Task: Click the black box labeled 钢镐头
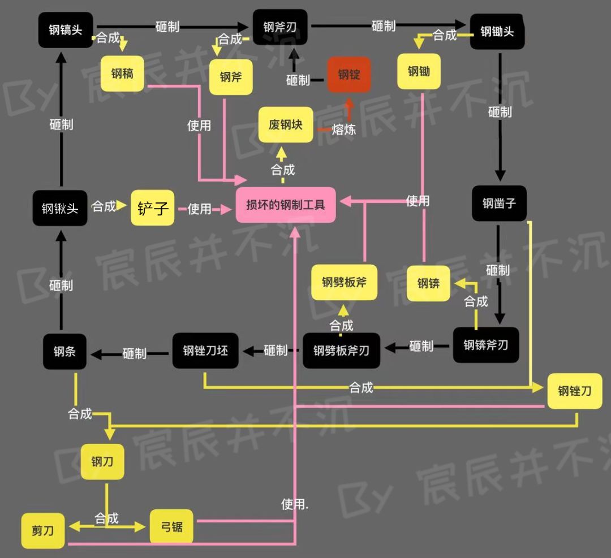[x=65, y=30]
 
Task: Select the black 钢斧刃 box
[x=280, y=27]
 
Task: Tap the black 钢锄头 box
[x=497, y=32]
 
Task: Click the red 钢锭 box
[x=349, y=74]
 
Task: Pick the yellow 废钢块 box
[x=286, y=124]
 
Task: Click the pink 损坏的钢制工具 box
[x=286, y=204]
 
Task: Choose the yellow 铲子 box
[x=153, y=208]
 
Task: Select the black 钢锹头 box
[x=60, y=209]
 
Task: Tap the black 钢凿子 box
[x=499, y=203]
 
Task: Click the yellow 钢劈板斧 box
[x=344, y=282]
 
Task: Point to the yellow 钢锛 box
[x=428, y=283]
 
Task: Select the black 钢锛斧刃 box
[x=485, y=345]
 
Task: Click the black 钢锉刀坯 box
[x=205, y=351]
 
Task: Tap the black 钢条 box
[x=64, y=352]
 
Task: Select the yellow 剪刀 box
[x=43, y=531]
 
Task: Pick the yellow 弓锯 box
[x=171, y=526]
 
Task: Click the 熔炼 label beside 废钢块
[x=344, y=129]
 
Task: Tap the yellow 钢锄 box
[x=419, y=71]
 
